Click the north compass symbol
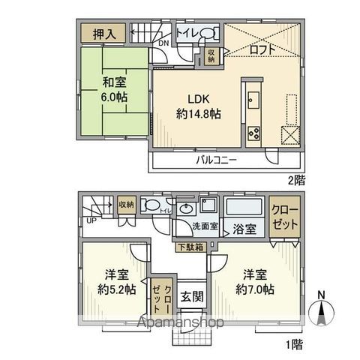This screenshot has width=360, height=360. pos(322,310)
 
